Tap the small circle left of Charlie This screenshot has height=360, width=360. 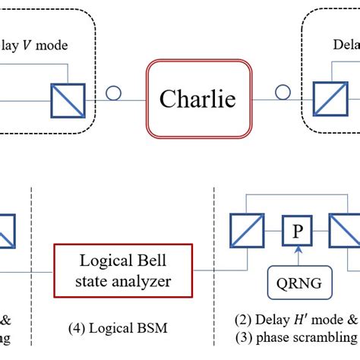coord(113,93)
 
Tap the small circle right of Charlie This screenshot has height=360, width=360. coord(283,93)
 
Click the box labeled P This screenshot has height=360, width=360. coord(293,232)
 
